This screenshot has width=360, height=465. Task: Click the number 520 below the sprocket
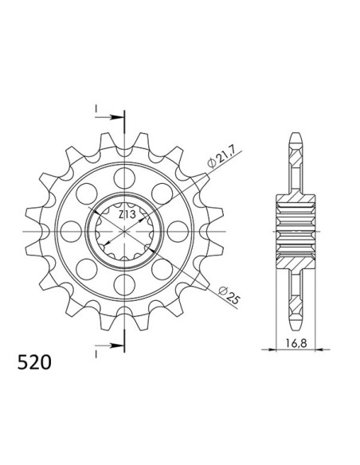[35, 362]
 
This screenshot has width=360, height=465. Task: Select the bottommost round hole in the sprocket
[125, 286]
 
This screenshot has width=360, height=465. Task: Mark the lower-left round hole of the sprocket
[87, 270]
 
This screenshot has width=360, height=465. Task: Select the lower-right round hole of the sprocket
[163, 270]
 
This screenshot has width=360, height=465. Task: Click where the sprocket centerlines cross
[125, 231]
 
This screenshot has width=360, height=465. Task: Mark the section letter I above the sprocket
[95, 108]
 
